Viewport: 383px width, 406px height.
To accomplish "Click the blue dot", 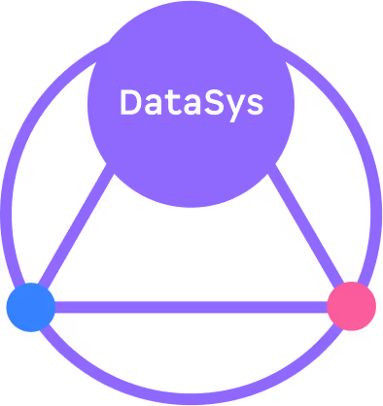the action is (31, 307).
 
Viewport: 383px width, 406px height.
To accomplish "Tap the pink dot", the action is (351, 307).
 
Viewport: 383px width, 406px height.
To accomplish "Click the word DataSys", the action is (191, 102).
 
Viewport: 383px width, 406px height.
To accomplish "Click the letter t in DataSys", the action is (171, 102).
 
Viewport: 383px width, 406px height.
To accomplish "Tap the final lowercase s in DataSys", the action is (255, 104).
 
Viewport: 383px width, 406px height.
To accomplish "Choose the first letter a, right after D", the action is (152, 104).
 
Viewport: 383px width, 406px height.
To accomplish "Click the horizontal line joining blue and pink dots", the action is (191, 308).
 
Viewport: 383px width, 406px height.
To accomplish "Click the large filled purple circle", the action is (191, 146).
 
